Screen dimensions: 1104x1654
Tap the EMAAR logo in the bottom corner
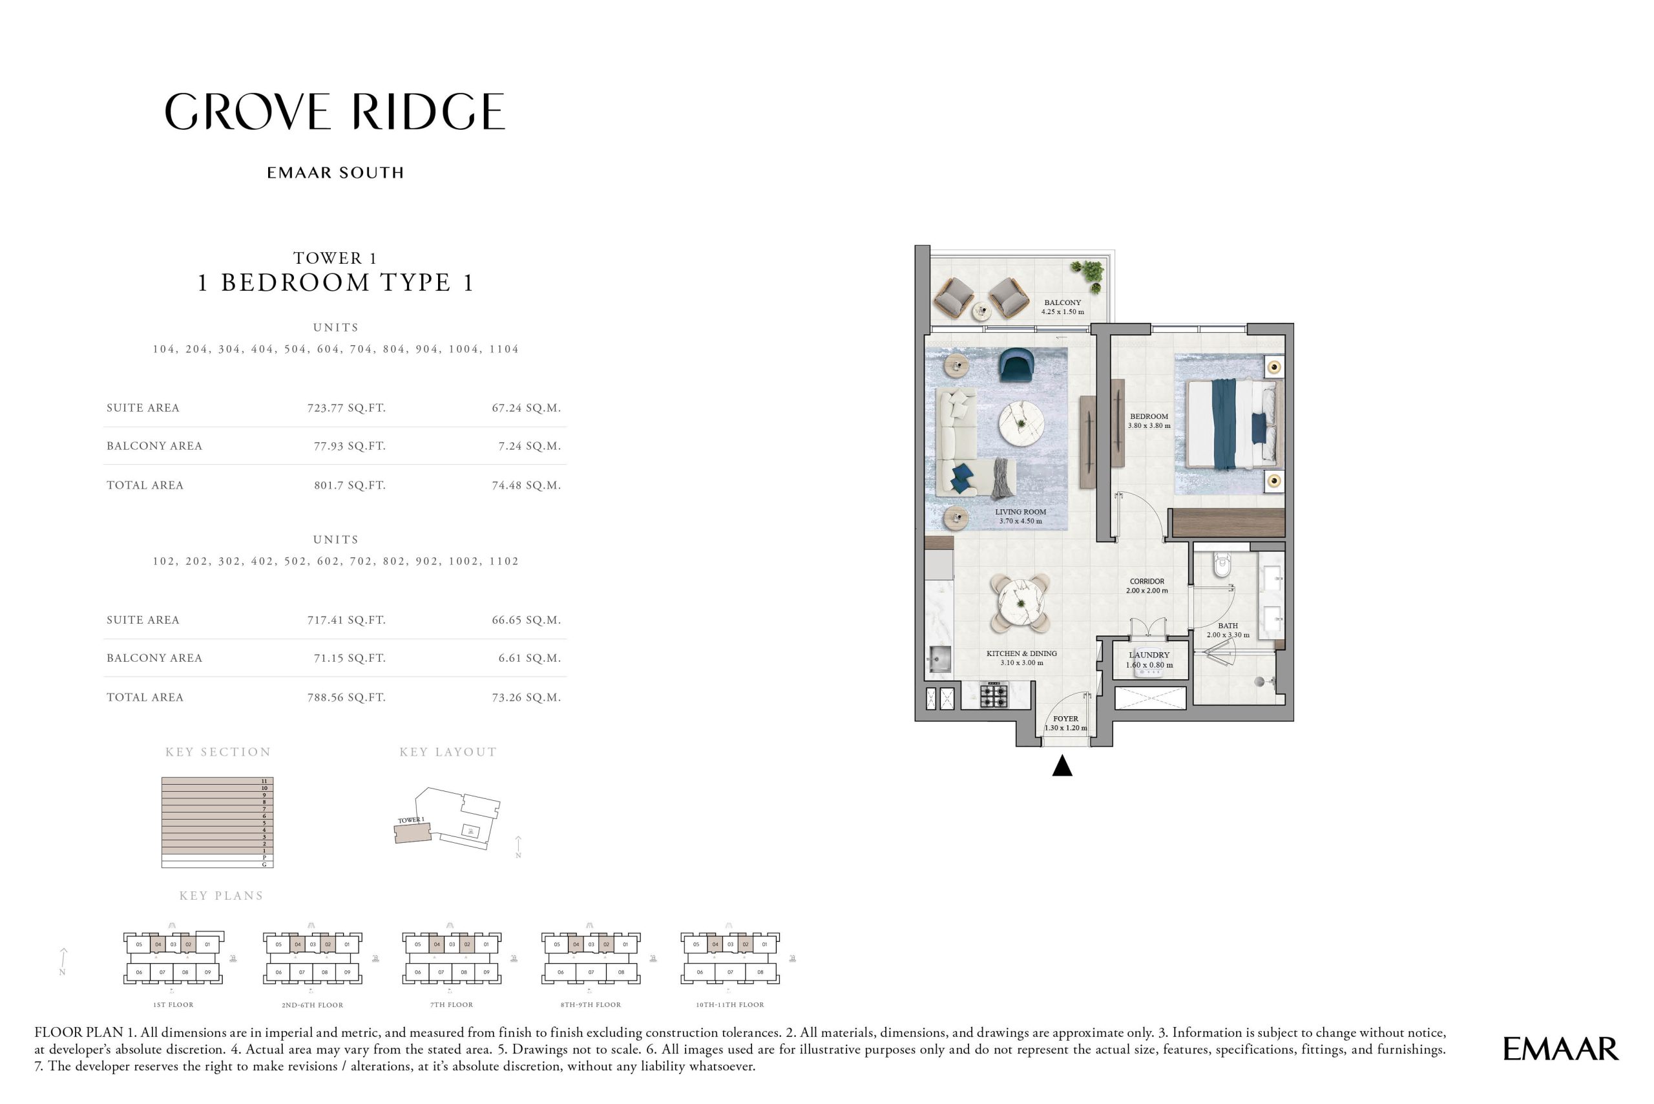1560,1049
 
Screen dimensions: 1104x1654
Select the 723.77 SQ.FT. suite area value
346,408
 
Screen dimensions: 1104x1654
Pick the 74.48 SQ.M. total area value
526,485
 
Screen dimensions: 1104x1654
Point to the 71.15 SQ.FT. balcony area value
349,657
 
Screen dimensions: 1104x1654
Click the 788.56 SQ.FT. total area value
346,697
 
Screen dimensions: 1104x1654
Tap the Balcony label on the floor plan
1062,303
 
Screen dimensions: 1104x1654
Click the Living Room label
1021,513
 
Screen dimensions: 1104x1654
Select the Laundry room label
1149,655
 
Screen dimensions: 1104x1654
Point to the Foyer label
1065,719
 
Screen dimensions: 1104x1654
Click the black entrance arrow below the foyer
1062,766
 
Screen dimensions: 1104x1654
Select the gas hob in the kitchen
994,695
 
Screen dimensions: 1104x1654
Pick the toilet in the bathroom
1222,565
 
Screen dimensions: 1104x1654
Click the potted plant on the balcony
1090,273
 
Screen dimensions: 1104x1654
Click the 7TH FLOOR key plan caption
451,1004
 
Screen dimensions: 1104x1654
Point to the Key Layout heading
448,752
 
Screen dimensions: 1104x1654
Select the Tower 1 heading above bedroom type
335,259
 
